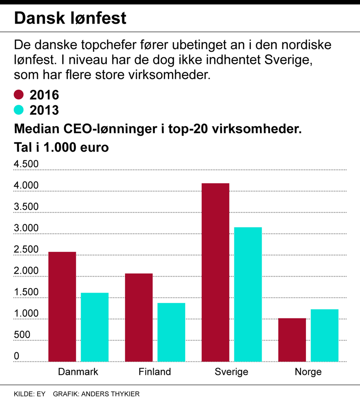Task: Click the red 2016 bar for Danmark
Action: [62, 307]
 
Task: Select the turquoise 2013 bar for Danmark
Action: [95, 327]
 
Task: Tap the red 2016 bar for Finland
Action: [139, 318]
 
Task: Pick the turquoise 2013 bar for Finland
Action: [171, 332]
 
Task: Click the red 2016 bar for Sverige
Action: [215, 273]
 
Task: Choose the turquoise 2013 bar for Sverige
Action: [248, 294]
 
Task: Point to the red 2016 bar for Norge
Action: [292, 340]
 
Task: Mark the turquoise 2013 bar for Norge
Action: [324, 336]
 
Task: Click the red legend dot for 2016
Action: [19, 95]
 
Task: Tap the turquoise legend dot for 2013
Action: [19, 110]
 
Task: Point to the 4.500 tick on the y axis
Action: [26, 164]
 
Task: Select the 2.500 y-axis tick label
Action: [26, 250]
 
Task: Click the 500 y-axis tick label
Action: [21, 335]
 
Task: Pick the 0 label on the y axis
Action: [16, 356]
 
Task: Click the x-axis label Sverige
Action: [231, 372]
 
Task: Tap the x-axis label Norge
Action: [308, 372]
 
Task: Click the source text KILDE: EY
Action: [29, 394]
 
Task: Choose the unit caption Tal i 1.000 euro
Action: [61, 147]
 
